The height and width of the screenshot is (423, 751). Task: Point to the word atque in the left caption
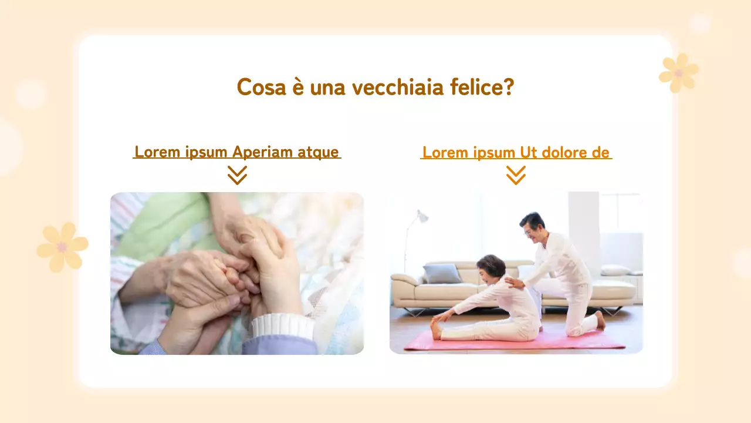318,152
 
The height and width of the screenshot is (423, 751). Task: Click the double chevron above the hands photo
237,175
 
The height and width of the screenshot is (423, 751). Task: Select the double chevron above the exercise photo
516,175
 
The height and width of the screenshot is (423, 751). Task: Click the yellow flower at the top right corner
679,73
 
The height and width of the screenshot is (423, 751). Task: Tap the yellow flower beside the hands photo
62,247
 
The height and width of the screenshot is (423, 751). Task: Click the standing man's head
532,225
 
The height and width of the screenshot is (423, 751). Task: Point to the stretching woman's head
491,267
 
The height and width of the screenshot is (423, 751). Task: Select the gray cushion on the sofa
442,273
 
